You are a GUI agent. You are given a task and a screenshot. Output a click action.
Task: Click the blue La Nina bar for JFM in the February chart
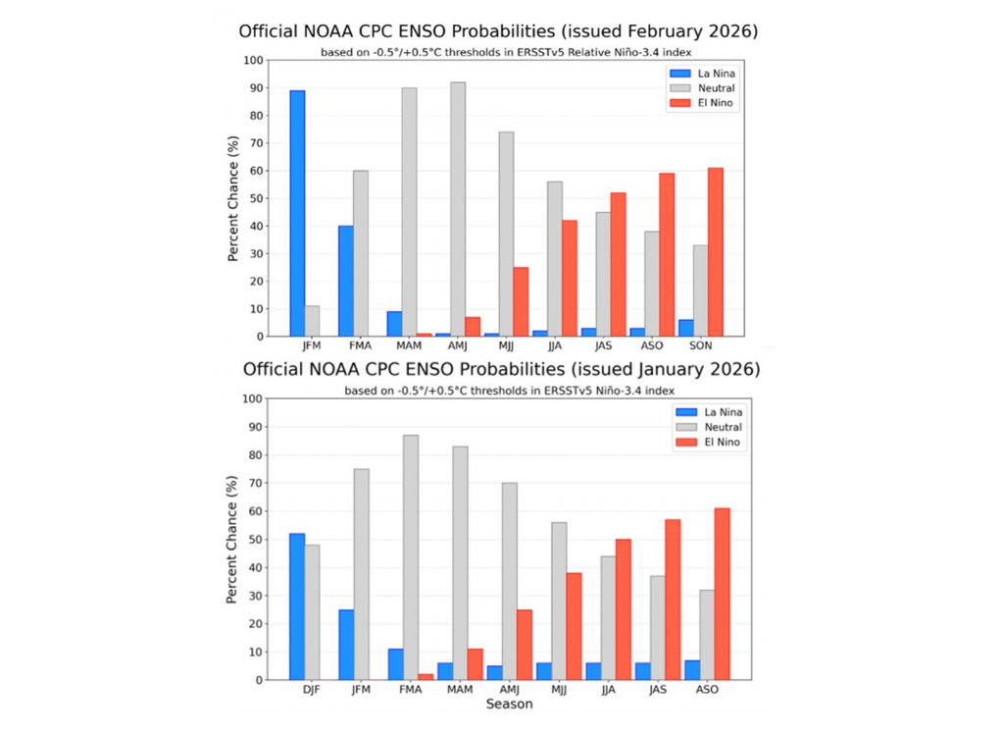coord(297,213)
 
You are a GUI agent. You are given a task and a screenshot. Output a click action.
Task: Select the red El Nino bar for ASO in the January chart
coord(722,594)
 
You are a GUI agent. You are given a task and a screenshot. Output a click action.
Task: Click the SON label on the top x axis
coord(700,346)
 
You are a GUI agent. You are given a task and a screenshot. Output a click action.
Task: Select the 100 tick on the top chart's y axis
coord(254,61)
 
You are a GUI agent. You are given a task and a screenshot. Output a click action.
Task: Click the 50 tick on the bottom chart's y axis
coord(258,540)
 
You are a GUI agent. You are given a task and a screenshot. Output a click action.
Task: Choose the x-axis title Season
coord(508,704)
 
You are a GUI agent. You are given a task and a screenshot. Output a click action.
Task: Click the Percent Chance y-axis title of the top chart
coord(233,198)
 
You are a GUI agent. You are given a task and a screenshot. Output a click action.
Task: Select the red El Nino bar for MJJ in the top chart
coord(521,301)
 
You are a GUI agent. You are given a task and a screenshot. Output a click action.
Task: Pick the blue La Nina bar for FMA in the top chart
coord(346,281)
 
